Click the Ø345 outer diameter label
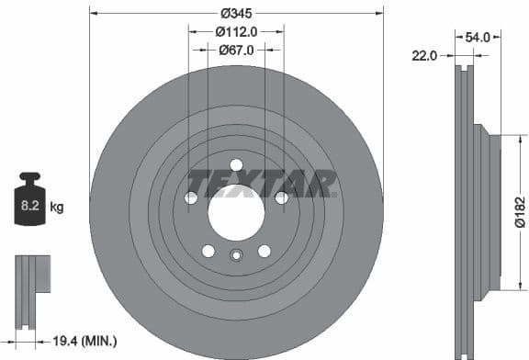pyautogui.click(x=236, y=14)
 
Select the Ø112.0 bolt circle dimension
pyautogui.click(x=236, y=32)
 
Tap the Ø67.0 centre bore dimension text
pyautogui.click(x=236, y=51)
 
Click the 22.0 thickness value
pyautogui.click(x=424, y=56)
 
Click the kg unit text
pyautogui.click(x=57, y=208)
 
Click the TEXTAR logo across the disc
pyautogui.click(x=262, y=184)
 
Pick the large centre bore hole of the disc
pyautogui.click(x=236, y=212)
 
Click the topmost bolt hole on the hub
pyautogui.click(x=236, y=165)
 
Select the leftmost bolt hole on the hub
pyautogui.click(x=191, y=197)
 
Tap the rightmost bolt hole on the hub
pyautogui.click(x=281, y=197)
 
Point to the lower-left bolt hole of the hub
pyautogui.click(x=208, y=251)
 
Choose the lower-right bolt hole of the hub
pyautogui.click(x=264, y=251)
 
